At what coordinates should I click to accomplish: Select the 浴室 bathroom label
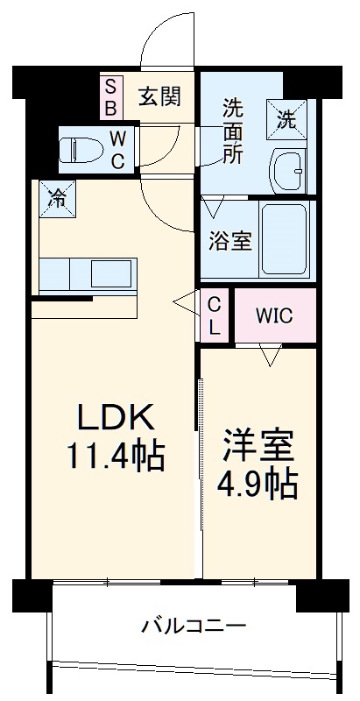coord(230,240)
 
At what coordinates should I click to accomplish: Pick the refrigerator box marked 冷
coord(55,198)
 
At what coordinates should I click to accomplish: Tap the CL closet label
coord(214,315)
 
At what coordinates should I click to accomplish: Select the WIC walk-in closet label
coord(273,315)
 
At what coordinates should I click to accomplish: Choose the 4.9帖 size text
coord(258,482)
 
